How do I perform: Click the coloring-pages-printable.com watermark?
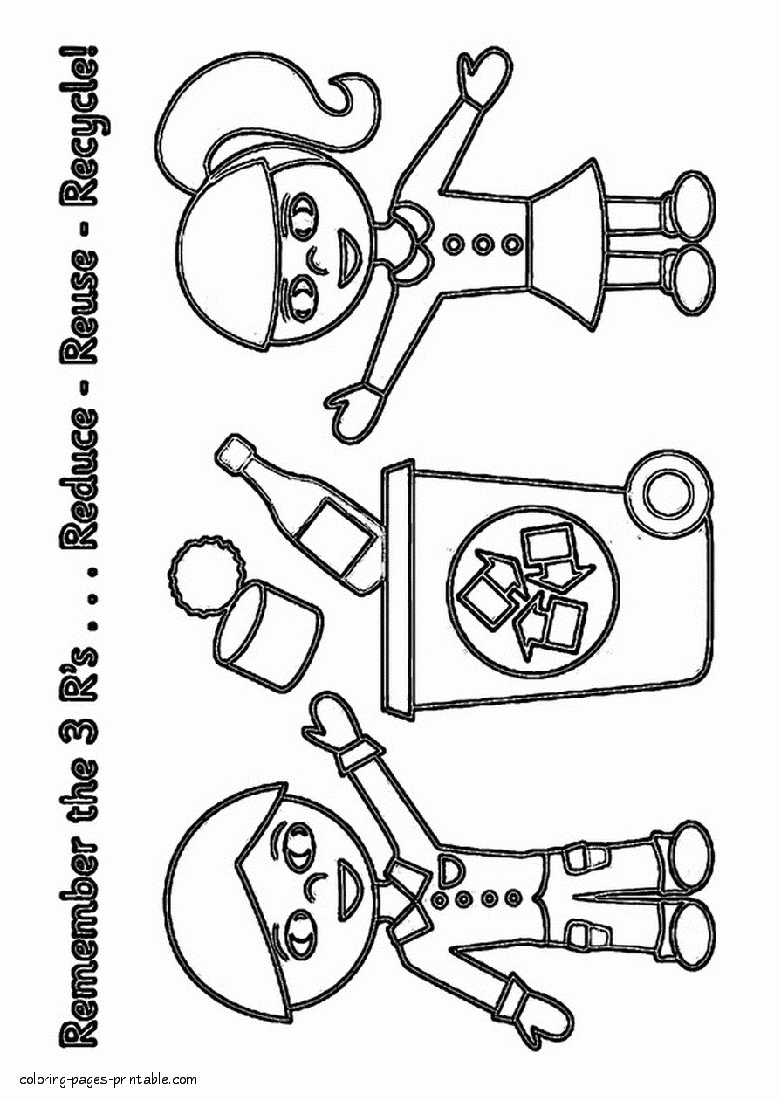(109, 1079)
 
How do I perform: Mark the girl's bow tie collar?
(414, 241)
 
